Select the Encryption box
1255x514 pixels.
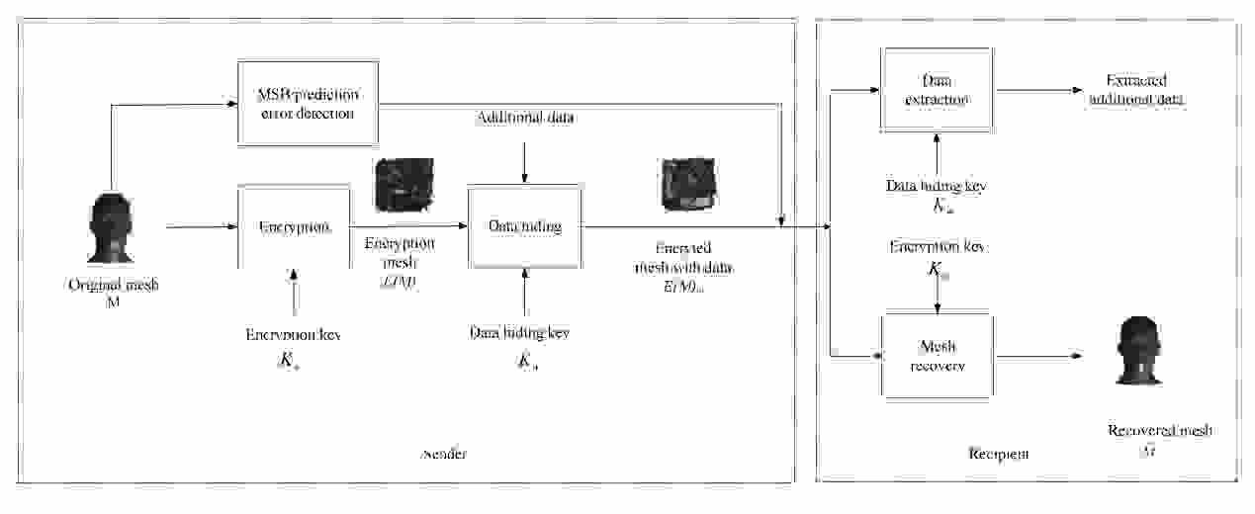pyautogui.click(x=294, y=226)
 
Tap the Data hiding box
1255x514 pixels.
pyautogui.click(x=524, y=226)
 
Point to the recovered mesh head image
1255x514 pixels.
pyautogui.click(x=1137, y=352)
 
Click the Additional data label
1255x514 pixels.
pyautogui.click(x=525, y=119)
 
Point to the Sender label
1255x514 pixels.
pyautogui.click(x=443, y=454)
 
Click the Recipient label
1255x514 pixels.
pyautogui.click(x=997, y=454)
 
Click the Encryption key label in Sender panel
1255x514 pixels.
pyautogui.click(x=293, y=336)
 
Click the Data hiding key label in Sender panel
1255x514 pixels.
pyautogui.click(x=520, y=333)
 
